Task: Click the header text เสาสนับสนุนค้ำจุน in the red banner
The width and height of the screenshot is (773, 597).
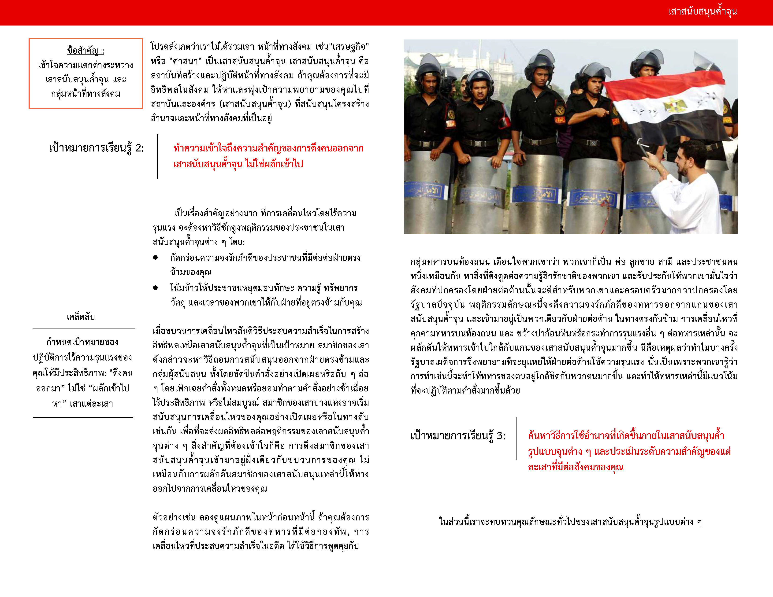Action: point(702,12)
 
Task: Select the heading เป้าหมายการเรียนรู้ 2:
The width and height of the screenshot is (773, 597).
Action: point(96,148)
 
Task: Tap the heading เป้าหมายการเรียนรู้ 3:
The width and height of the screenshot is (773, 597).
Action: point(458,436)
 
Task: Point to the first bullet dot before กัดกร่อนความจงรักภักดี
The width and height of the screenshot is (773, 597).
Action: point(155,258)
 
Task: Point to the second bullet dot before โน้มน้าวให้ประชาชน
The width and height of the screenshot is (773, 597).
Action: point(155,287)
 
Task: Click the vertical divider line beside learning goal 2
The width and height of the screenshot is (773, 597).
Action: point(157,156)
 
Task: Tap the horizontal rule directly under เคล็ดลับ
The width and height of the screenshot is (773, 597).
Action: point(84,328)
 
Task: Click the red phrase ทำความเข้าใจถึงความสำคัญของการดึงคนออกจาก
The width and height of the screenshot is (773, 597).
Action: point(268,148)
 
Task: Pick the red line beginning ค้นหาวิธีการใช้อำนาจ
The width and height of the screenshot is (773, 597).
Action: point(626,436)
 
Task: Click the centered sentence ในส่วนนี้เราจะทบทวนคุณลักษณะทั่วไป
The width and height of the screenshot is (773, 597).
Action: point(570,522)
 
